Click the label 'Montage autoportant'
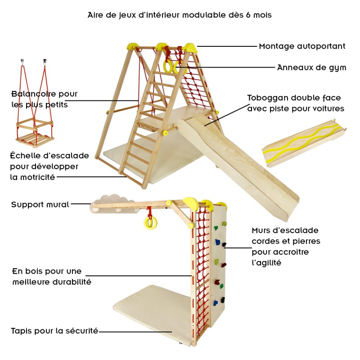click(x=302, y=46)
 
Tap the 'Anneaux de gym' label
click(x=311, y=68)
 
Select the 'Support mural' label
click(x=40, y=205)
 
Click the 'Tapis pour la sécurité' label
click(x=54, y=331)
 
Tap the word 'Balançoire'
click(x=31, y=94)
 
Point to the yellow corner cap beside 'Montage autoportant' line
click(x=189, y=46)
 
